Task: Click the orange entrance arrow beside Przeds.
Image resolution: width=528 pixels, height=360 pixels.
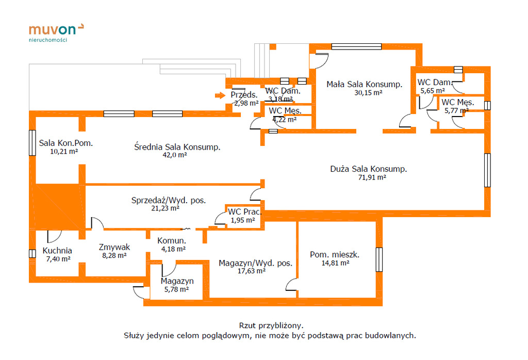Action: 220,95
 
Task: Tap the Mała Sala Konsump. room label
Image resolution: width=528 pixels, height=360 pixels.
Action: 364,84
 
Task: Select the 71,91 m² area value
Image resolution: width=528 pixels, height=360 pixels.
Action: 368,177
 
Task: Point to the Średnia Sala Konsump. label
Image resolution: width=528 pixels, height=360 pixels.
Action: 177,147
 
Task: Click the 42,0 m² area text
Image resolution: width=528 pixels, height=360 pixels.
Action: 174,155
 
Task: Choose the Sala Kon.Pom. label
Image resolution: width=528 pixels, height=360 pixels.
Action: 66,143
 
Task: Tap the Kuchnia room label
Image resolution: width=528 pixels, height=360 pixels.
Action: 57,251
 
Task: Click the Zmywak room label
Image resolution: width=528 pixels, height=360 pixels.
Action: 114,247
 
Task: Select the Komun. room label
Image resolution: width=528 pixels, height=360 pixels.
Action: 172,241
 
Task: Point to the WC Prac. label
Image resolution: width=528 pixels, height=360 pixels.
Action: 244,211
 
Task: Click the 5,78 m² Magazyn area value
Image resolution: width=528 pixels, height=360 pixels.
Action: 176,289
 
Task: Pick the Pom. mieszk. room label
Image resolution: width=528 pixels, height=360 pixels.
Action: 335,254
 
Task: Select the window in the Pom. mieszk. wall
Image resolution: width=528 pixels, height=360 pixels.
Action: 379,259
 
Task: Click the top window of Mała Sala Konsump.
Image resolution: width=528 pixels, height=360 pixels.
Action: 356,46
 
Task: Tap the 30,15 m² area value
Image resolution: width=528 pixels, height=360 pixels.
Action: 368,93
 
